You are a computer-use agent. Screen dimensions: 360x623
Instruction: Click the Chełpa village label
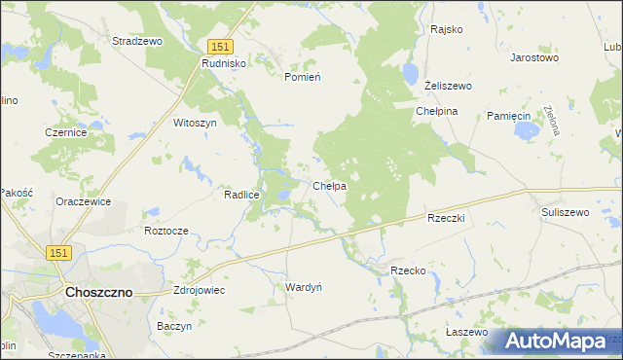click(330, 186)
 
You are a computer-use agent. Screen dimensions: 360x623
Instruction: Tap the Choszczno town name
click(98, 291)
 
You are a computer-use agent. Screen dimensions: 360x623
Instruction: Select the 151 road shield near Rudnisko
click(220, 47)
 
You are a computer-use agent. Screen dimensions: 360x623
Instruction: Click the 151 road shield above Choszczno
click(59, 252)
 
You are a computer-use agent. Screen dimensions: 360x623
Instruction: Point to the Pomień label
click(302, 76)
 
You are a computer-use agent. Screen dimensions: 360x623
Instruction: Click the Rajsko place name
click(446, 29)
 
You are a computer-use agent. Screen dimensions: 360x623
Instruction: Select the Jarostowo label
click(533, 57)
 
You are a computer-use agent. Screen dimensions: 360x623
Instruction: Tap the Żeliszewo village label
click(448, 86)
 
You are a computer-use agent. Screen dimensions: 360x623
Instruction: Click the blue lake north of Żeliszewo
click(411, 73)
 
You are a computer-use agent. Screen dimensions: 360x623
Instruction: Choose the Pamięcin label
click(508, 116)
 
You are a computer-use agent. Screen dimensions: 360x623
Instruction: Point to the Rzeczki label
click(447, 218)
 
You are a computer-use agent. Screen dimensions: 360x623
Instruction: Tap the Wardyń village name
click(303, 287)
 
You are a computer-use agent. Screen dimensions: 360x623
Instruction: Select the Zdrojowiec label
click(199, 290)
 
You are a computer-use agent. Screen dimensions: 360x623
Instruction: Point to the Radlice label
click(240, 195)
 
